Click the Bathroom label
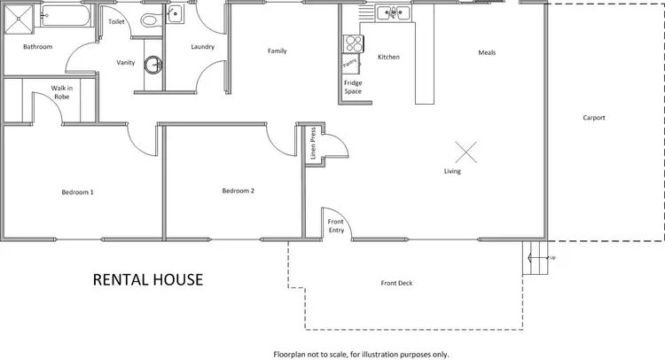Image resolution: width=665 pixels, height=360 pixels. [37, 46]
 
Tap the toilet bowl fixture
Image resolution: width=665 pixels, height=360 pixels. [148, 20]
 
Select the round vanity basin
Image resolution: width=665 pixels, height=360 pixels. [156, 64]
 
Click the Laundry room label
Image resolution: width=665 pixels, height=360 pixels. [203, 47]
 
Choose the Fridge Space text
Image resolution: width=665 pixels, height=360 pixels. [353, 87]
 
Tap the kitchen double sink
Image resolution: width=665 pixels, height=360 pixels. [390, 12]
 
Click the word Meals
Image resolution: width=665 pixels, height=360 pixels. [487, 52]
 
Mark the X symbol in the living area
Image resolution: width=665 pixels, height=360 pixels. [468, 152]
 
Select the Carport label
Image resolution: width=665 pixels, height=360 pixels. [593, 118]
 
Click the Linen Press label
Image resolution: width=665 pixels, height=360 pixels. [313, 145]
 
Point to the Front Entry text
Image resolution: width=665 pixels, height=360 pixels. [336, 225]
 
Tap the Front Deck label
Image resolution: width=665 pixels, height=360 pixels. [396, 284]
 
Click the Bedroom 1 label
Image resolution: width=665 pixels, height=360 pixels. [77, 192]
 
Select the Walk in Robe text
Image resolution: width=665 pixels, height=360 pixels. [60, 92]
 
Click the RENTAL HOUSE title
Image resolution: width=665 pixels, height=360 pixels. [148, 280]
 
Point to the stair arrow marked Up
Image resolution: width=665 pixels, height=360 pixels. [534, 258]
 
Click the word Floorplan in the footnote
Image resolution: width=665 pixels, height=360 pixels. [292, 354]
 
